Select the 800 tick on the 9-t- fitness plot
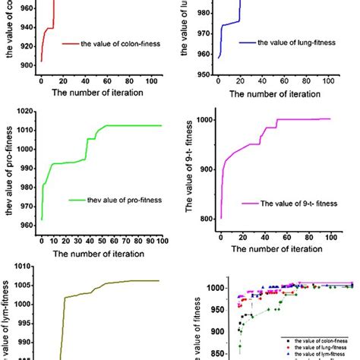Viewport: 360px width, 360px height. point(203,219)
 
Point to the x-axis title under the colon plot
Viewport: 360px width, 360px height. point(99,93)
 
